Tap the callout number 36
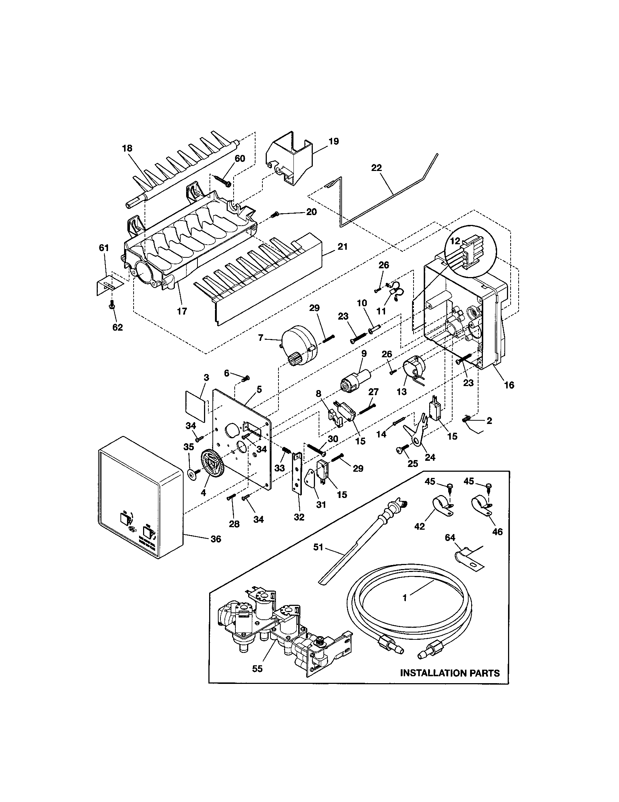[216, 539]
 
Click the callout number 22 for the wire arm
[376, 168]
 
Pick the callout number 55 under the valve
[257, 669]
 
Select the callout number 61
[104, 248]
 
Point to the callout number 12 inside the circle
[455, 241]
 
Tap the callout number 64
[450, 538]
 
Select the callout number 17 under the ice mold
[182, 311]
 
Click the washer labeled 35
[191, 475]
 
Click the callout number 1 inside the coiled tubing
[404, 598]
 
